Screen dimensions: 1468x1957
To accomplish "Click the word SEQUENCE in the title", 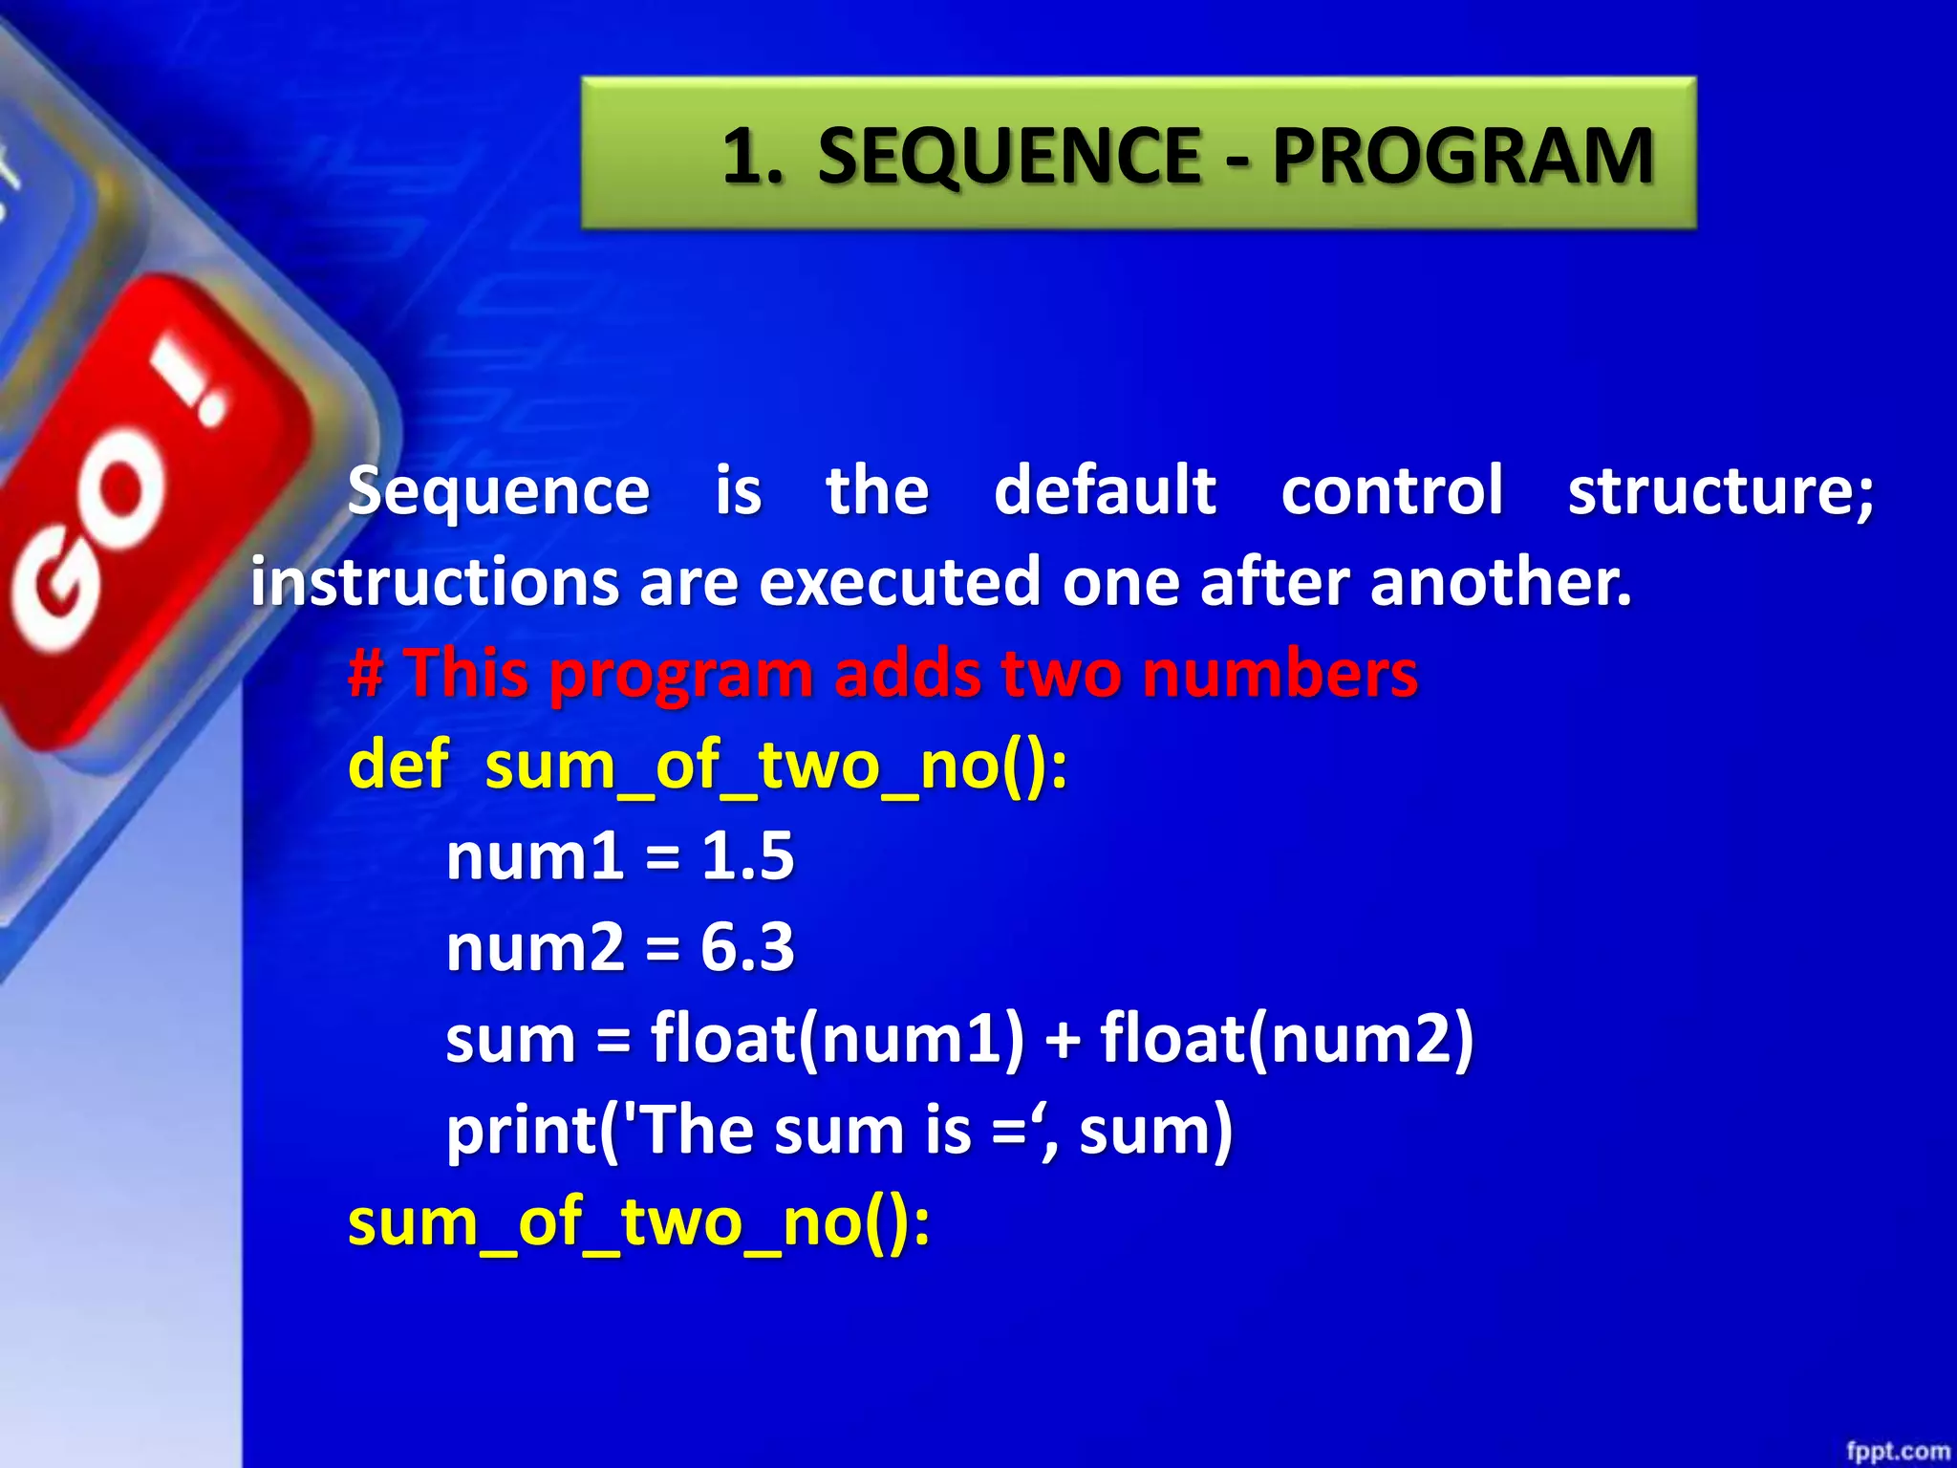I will point(1009,156).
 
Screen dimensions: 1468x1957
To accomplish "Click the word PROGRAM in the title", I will point(1462,156).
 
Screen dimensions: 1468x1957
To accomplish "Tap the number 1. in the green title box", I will point(752,156).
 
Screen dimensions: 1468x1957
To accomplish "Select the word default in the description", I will point(1105,491).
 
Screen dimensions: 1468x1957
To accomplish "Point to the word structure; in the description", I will point(1720,491).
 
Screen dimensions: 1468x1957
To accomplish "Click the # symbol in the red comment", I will point(366,674).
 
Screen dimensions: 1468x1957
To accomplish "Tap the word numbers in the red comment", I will point(1280,674).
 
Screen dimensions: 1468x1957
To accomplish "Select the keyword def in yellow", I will point(398,765).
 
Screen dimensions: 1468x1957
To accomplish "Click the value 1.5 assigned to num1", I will point(747,855).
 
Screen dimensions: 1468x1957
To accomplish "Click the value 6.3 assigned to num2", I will point(747,947).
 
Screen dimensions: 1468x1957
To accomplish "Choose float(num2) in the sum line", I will point(1286,1039).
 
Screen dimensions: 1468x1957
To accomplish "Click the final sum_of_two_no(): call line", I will point(638,1222).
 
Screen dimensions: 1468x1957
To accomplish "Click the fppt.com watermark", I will point(1897,1451).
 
